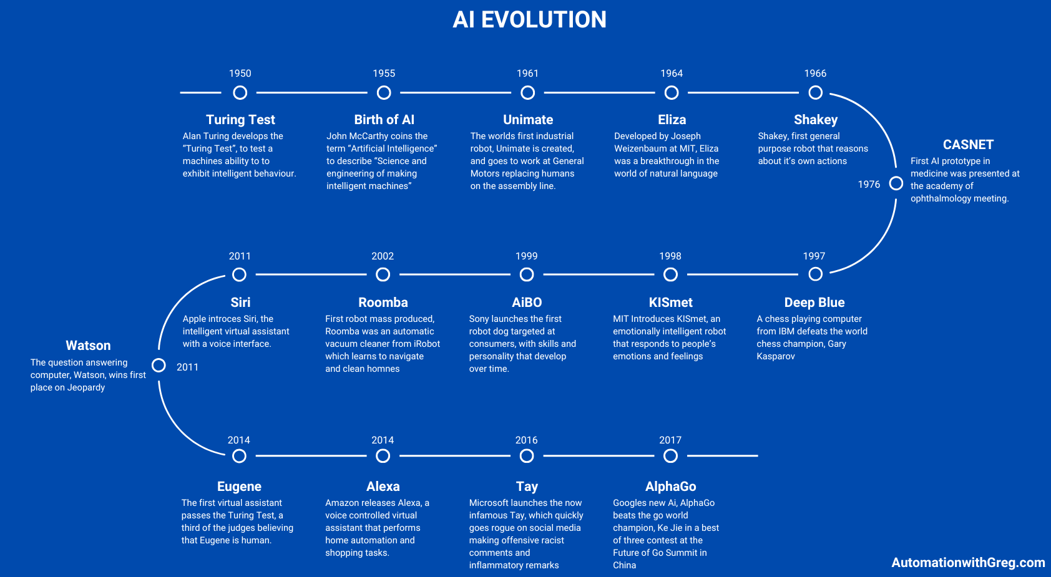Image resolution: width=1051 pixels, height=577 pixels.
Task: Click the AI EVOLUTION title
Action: click(x=529, y=20)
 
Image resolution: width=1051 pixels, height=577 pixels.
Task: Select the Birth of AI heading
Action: click(x=384, y=120)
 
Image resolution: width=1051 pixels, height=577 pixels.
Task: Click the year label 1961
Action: click(x=527, y=73)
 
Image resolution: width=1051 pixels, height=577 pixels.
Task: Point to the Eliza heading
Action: click(x=672, y=120)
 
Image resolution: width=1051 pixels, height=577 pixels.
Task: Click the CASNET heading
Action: click(x=968, y=145)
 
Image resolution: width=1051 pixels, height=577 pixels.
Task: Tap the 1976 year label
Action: click(x=869, y=185)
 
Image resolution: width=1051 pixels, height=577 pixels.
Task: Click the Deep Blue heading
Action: click(x=814, y=303)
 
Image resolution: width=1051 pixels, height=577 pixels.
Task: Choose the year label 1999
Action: click(x=527, y=256)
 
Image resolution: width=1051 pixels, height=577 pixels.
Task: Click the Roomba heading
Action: click(x=383, y=303)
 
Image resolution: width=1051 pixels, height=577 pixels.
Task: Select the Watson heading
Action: click(x=88, y=346)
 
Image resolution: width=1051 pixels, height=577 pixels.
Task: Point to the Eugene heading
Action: click(x=239, y=487)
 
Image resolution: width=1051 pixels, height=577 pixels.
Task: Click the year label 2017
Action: click(x=670, y=440)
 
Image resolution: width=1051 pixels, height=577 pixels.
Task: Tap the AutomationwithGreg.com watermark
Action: click(x=968, y=563)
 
